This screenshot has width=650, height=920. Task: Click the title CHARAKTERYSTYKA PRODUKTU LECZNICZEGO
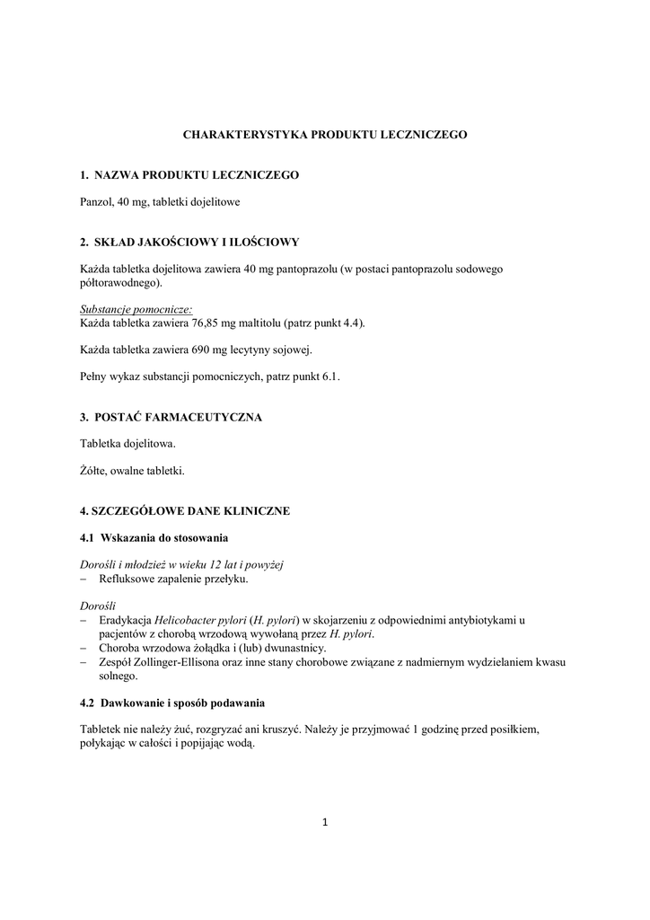click(325, 134)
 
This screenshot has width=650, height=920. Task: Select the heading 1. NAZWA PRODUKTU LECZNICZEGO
click(189, 174)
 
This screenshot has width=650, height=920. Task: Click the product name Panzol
click(96, 202)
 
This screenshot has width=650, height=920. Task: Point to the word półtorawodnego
click(120, 283)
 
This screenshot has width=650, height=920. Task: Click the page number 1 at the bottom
click(325, 820)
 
